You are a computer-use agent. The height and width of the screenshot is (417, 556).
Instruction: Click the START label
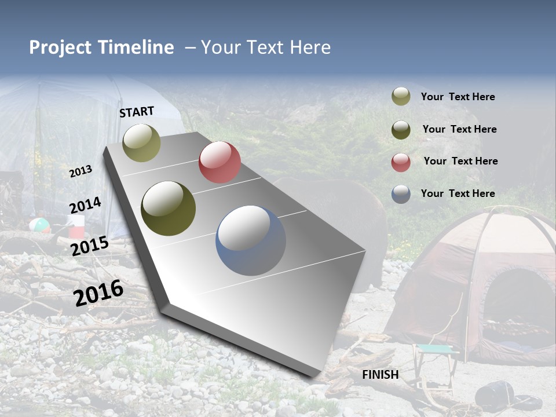tap(137, 112)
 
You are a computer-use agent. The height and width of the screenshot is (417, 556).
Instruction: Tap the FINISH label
tap(381, 375)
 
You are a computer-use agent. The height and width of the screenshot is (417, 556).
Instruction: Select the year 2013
tap(81, 171)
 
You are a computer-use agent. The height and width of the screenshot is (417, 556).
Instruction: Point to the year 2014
tap(85, 206)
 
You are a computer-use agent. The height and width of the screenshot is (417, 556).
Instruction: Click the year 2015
tap(90, 246)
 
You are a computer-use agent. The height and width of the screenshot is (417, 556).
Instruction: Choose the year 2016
tap(98, 292)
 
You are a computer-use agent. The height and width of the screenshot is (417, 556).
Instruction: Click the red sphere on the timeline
tap(220, 162)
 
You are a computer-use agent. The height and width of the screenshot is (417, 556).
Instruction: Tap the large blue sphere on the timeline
tap(251, 240)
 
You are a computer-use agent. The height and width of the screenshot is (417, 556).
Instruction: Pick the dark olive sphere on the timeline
tap(169, 209)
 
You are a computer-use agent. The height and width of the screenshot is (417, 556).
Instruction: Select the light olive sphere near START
tap(142, 142)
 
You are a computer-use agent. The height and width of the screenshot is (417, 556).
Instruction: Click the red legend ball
tap(401, 162)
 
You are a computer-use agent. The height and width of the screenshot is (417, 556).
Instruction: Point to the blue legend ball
tap(401, 194)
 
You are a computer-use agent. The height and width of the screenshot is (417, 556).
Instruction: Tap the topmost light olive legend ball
tap(401, 96)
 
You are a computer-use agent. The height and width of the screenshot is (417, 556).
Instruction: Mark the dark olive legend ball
tap(401, 130)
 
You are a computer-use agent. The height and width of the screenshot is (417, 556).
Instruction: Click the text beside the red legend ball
tap(460, 161)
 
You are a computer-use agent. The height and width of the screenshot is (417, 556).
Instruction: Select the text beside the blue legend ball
tap(458, 193)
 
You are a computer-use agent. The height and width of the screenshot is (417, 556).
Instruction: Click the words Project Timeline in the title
tap(101, 47)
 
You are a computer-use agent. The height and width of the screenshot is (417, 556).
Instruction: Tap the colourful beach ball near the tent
tap(39, 225)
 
